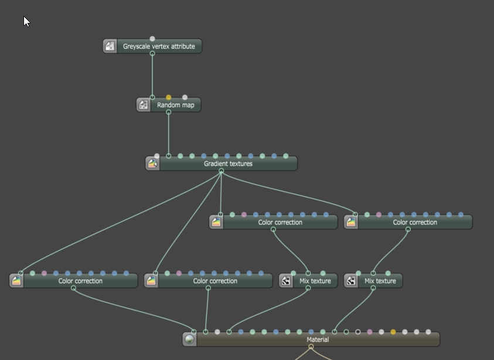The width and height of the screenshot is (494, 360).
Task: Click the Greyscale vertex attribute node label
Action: click(x=159, y=46)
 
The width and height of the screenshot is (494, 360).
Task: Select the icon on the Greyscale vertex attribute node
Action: click(x=110, y=46)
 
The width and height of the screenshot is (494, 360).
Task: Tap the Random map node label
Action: click(x=175, y=106)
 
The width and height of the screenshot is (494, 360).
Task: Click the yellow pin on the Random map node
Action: click(x=169, y=97)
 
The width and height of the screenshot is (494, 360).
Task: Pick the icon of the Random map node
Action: click(x=143, y=106)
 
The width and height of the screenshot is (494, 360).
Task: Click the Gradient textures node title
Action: click(x=228, y=164)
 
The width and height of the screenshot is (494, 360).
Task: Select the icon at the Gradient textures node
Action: click(x=152, y=164)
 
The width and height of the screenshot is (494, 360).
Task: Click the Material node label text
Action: click(x=318, y=339)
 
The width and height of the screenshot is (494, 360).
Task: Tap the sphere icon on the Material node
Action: click(x=189, y=339)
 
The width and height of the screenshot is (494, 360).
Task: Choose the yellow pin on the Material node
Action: click(x=393, y=332)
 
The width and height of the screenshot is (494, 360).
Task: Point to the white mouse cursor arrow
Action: click(x=26, y=21)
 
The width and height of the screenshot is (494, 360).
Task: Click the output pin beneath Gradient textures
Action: click(x=221, y=171)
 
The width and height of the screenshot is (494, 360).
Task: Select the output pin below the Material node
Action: click(x=311, y=347)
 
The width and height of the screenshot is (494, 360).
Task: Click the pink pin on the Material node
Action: click(x=370, y=332)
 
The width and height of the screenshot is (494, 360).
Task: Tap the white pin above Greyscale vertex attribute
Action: click(x=152, y=39)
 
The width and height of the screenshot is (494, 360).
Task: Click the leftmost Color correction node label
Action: click(x=80, y=281)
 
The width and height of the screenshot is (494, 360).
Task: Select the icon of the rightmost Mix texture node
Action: click(x=351, y=281)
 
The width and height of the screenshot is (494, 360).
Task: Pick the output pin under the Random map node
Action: click(x=169, y=112)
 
